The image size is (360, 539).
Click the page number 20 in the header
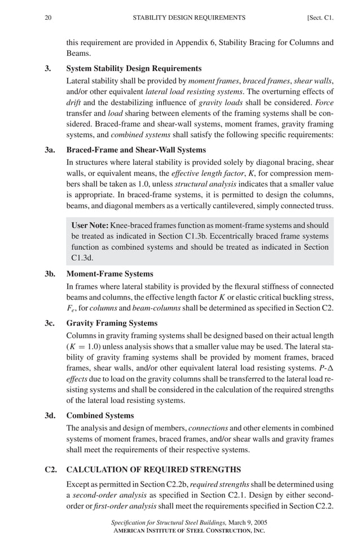pos(48,17)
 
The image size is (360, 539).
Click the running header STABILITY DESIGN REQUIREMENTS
pos(188,17)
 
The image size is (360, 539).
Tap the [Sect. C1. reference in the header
pos(320,17)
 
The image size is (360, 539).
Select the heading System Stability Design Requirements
pos(134,68)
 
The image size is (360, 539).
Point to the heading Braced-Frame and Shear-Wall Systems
pos(136,150)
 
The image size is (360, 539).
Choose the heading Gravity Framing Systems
pos(112,323)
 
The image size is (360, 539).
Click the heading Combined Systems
pos(100,415)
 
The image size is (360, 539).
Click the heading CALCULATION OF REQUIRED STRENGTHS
pos(153,469)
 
